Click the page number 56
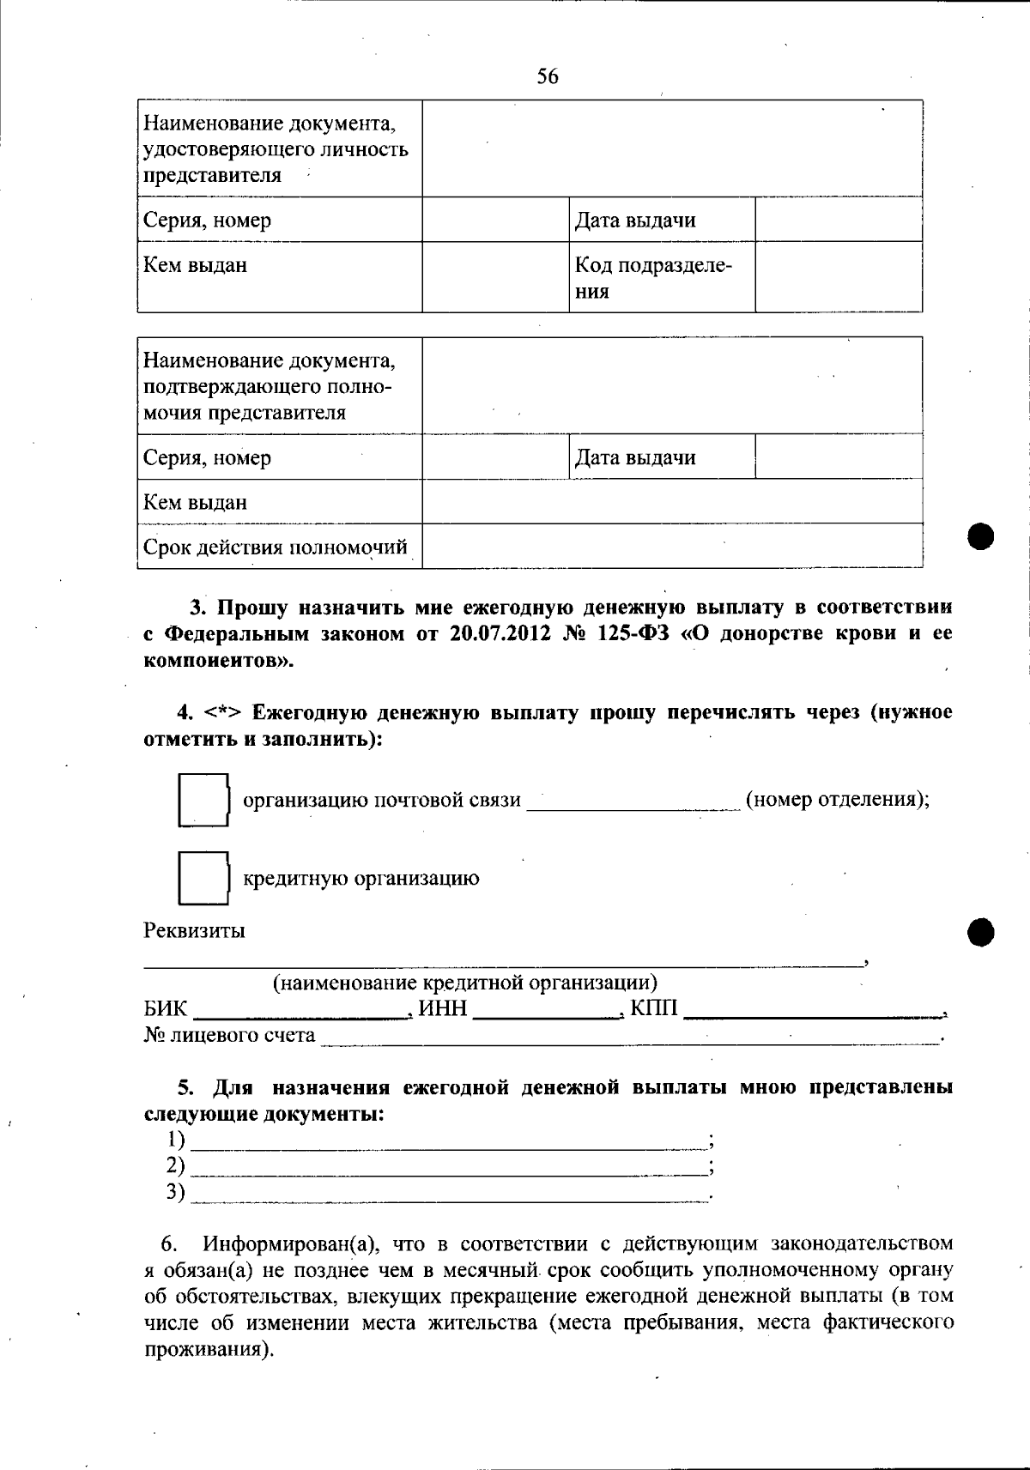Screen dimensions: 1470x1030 tap(548, 77)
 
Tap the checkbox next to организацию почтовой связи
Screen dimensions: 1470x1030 tap(203, 801)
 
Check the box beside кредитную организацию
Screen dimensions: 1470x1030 tap(203, 879)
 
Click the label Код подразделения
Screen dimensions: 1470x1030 tap(654, 277)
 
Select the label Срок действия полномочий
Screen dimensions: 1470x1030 tap(276, 547)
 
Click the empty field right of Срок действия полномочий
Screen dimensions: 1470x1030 tap(671, 547)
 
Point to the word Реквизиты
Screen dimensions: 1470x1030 tap(194, 930)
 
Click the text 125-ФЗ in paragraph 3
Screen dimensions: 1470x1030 tap(636, 634)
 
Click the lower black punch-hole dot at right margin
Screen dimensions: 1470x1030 tap(980, 931)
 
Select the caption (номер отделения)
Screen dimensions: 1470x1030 tap(837, 800)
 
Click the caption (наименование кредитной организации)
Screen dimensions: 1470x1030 tap(465, 983)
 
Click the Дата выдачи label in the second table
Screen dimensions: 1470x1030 tap(635, 457)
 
